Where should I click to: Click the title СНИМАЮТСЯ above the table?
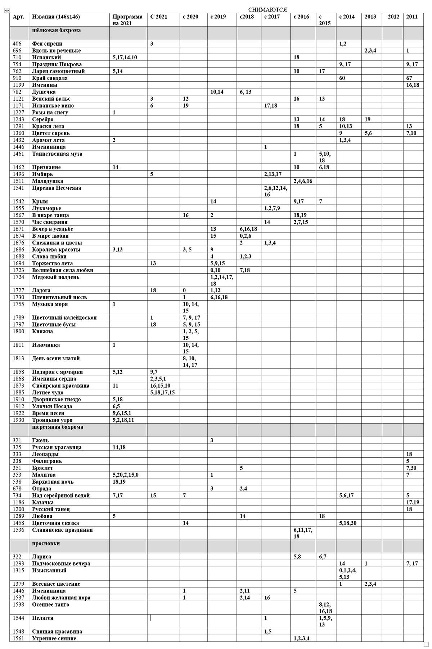(267, 10)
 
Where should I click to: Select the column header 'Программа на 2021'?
(127, 20)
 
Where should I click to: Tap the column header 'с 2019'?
(218, 17)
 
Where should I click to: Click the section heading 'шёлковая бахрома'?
(56, 31)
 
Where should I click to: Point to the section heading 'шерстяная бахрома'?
(58, 427)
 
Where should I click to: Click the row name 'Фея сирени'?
(47, 44)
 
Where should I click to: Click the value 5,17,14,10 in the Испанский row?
(125, 58)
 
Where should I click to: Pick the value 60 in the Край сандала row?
(342, 78)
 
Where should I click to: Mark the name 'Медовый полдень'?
(56, 277)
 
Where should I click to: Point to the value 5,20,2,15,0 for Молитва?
(125, 475)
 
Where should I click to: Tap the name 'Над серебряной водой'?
(61, 495)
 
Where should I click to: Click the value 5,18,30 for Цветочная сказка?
(347, 523)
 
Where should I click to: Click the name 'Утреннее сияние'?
(54, 639)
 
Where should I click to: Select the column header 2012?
(393, 17)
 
